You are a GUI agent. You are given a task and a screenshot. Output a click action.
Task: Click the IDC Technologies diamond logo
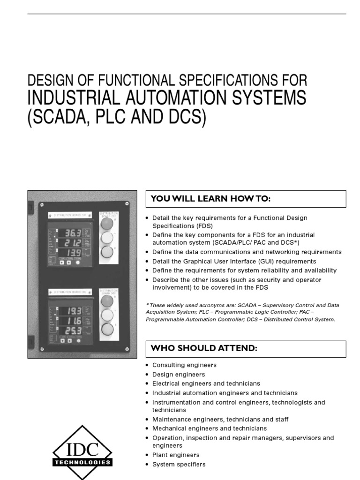(x=82, y=453)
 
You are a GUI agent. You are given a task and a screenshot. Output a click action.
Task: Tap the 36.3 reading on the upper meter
(x=73, y=232)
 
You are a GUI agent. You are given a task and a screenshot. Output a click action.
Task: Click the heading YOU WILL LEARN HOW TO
(x=211, y=199)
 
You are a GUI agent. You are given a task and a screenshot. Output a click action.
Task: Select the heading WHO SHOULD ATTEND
(x=203, y=349)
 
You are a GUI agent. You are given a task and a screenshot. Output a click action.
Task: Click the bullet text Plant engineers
(x=176, y=455)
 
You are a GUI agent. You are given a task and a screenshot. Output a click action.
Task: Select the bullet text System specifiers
(x=179, y=465)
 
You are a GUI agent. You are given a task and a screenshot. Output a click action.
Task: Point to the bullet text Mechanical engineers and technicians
(x=210, y=428)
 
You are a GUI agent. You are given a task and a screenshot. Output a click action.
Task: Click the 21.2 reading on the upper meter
(x=73, y=243)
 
